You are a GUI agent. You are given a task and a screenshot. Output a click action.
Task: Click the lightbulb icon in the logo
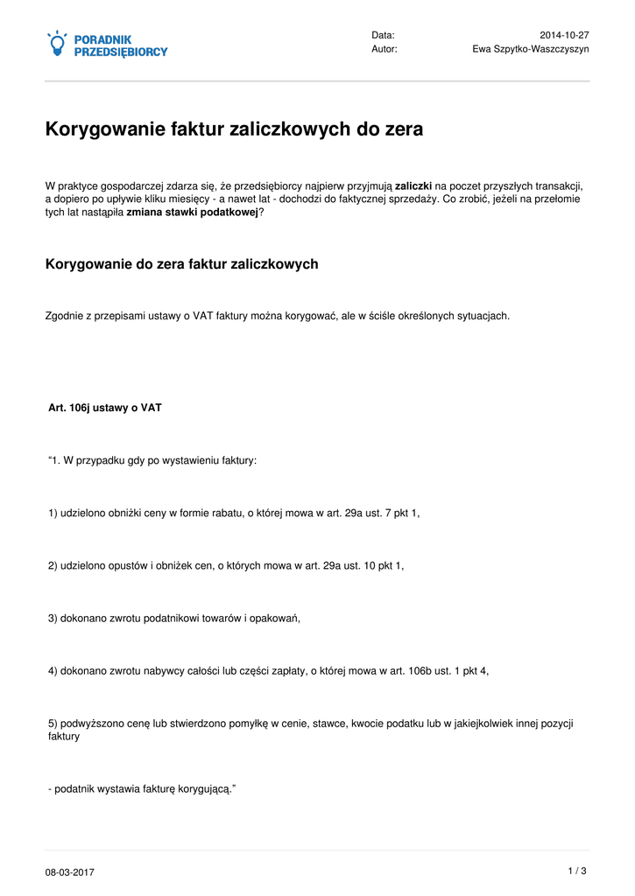(57, 44)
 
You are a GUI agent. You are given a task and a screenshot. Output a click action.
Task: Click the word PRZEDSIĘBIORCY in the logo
(121, 52)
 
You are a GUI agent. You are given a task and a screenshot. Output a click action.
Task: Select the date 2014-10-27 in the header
(564, 35)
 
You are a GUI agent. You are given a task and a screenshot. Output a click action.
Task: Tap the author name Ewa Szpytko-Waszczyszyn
(531, 49)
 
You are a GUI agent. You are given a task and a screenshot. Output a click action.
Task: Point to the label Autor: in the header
(385, 49)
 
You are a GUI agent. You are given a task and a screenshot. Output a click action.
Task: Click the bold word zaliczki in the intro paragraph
(413, 185)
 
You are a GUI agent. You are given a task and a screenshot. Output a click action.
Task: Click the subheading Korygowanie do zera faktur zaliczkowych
(181, 263)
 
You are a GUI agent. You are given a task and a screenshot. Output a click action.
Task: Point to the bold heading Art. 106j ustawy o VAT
(105, 408)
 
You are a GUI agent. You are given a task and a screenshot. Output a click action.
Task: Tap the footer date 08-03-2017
(70, 872)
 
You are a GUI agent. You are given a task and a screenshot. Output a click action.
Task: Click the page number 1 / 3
(577, 870)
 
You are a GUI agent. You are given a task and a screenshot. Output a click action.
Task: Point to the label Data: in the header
(383, 35)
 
